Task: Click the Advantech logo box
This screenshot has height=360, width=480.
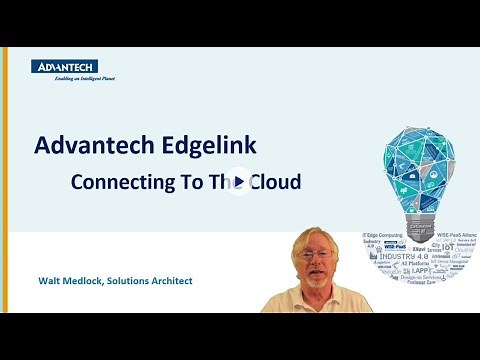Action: coord(64,66)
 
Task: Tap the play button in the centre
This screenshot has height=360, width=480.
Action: coord(240,183)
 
